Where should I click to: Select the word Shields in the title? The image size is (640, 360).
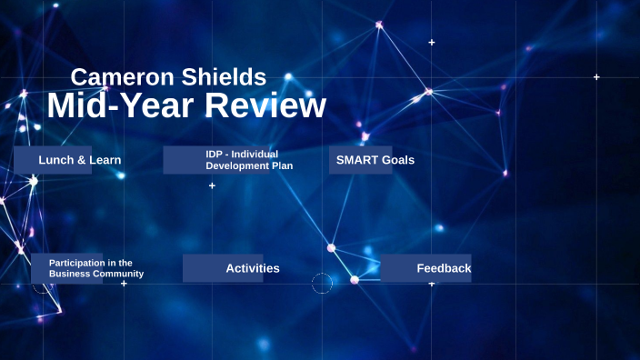pyautogui.click(x=223, y=77)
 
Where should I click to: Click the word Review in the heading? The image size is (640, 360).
pyautogui.click(x=265, y=106)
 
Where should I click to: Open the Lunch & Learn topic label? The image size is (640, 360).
pyautogui.click(x=79, y=160)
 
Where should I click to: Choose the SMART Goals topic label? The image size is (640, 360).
pyautogui.click(x=375, y=160)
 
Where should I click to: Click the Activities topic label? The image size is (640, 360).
pyautogui.click(x=252, y=268)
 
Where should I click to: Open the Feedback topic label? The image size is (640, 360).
pyautogui.click(x=444, y=268)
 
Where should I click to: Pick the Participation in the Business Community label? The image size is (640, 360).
pyautogui.click(x=95, y=268)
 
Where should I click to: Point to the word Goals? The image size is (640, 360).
pyautogui.click(x=397, y=160)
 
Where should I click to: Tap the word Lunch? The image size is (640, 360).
pyautogui.click(x=55, y=160)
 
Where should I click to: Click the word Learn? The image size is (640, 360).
pyautogui.click(x=104, y=160)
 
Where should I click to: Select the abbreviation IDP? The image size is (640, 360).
pyautogui.click(x=215, y=155)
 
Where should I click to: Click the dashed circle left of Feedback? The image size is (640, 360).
pyautogui.click(x=322, y=284)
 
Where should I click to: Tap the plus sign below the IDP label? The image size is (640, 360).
pyautogui.click(x=212, y=185)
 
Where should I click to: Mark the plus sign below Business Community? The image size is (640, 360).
pyautogui.click(x=124, y=284)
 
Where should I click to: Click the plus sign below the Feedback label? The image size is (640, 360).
pyautogui.click(x=432, y=285)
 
